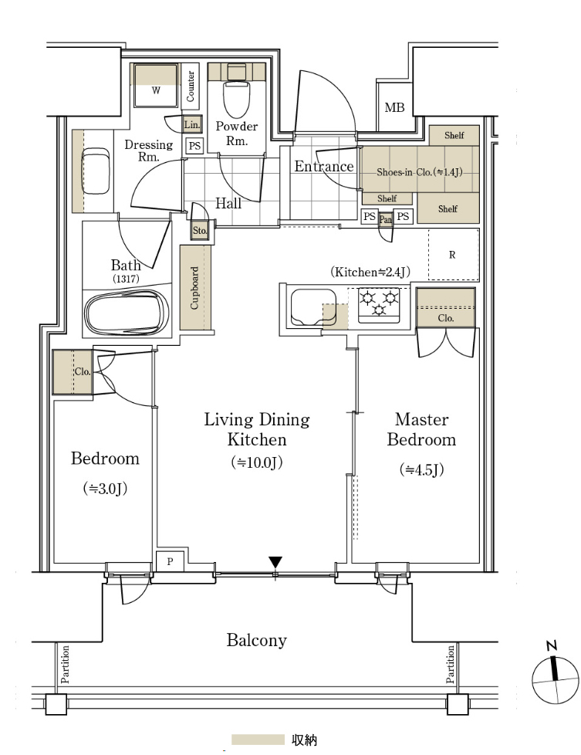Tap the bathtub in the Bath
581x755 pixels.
click(127, 312)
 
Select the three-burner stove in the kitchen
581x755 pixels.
click(379, 305)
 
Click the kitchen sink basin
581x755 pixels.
click(313, 307)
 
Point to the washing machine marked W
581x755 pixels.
click(156, 85)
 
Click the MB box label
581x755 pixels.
click(394, 107)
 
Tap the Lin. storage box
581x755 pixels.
click(192, 125)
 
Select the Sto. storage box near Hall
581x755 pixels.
click(200, 231)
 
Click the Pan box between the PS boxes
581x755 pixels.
click(386, 219)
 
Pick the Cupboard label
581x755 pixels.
click(194, 287)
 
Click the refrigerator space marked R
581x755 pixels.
click(453, 254)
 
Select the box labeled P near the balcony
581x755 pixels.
click(171, 561)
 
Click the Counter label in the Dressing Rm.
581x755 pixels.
click(190, 86)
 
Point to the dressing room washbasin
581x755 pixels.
click(96, 171)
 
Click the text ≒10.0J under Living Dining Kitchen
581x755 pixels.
click(257, 462)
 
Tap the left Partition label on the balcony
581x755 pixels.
click(65, 665)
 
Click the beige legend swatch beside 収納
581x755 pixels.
click(258, 740)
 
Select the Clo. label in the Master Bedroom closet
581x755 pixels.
click(446, 318)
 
